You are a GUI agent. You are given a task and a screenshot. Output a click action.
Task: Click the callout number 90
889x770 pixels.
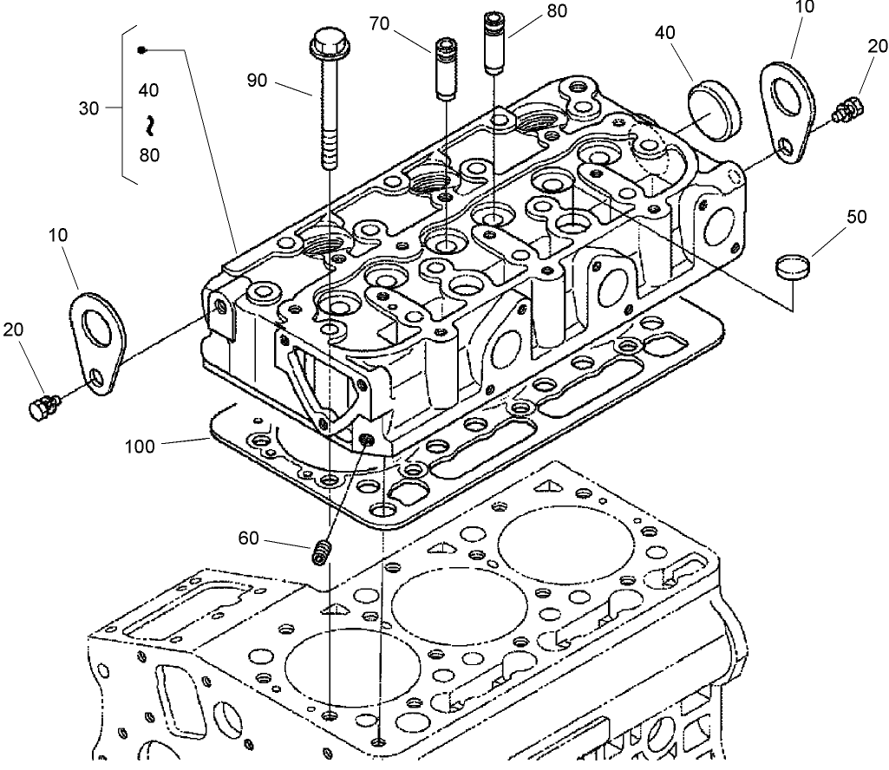coord(257,81)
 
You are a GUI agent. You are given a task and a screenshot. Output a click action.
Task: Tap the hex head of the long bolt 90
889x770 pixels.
coord(324,42)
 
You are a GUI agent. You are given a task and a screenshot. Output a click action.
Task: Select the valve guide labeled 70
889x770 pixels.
coord(446,69)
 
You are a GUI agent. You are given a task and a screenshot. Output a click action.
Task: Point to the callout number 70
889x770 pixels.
coord(379,23)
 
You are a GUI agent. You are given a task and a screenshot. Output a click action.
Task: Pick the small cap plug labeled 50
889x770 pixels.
coord(791,266)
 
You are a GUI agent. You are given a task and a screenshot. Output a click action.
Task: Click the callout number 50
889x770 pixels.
coord(856,217)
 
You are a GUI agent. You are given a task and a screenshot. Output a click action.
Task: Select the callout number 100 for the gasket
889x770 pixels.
coord(140,447)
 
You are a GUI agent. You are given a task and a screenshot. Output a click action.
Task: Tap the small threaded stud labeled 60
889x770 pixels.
coord(322,551)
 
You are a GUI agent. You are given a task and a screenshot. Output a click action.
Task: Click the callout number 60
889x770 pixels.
coord(249,539)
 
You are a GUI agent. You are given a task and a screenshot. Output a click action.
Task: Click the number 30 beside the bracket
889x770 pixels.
coord(89,108)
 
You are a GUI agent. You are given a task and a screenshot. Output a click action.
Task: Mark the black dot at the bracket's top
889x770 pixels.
coord(143,50)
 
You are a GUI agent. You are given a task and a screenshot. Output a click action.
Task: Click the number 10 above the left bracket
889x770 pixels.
coord(59,235)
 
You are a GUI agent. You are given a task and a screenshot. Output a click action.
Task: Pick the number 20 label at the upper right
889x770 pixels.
coord(877,47)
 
